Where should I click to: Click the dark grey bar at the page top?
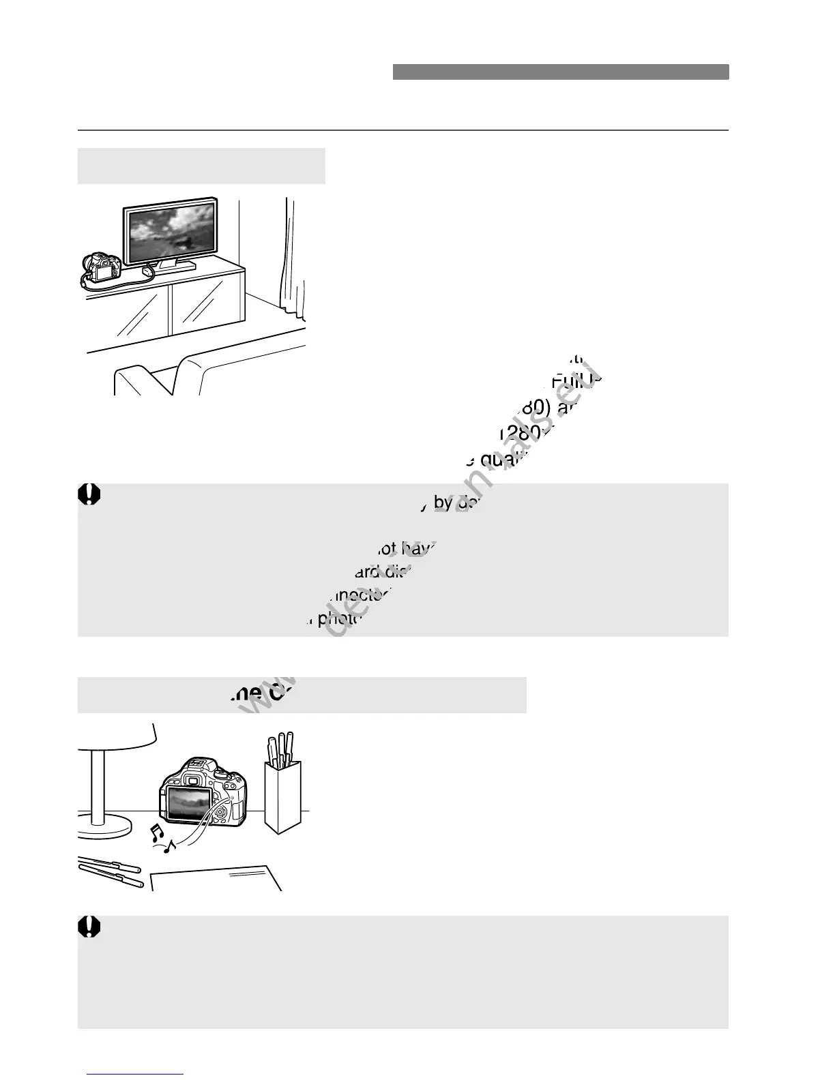pyautogui.click(x=560, y=72)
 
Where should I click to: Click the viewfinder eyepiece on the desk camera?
pyautogui.click(x=194, y=779)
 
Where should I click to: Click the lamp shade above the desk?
pyautogui.click(x=116, y=736)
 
